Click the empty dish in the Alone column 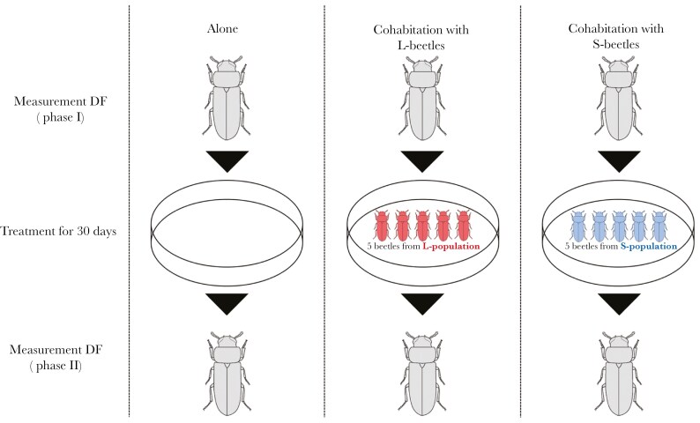click(x=227, y=231)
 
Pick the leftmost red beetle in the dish click(x=382, y=226)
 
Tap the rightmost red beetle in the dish click(x=463, y=226)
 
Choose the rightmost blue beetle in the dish click(x=658, y=226)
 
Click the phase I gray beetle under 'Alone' click(x=227, y=98)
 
